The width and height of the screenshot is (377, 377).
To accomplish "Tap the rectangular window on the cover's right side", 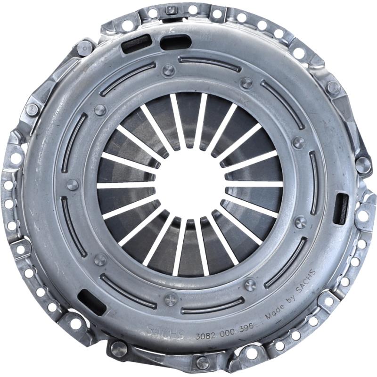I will [x=341, y=208].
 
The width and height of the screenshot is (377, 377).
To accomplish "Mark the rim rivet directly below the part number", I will [x=203, y=362].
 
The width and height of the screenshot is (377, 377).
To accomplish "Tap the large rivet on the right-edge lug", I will [x=363, y=164].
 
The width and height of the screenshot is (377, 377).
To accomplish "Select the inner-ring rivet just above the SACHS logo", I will [x=171, y=299].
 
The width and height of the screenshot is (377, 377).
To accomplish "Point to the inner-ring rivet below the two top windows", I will [x=168, y=71].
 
